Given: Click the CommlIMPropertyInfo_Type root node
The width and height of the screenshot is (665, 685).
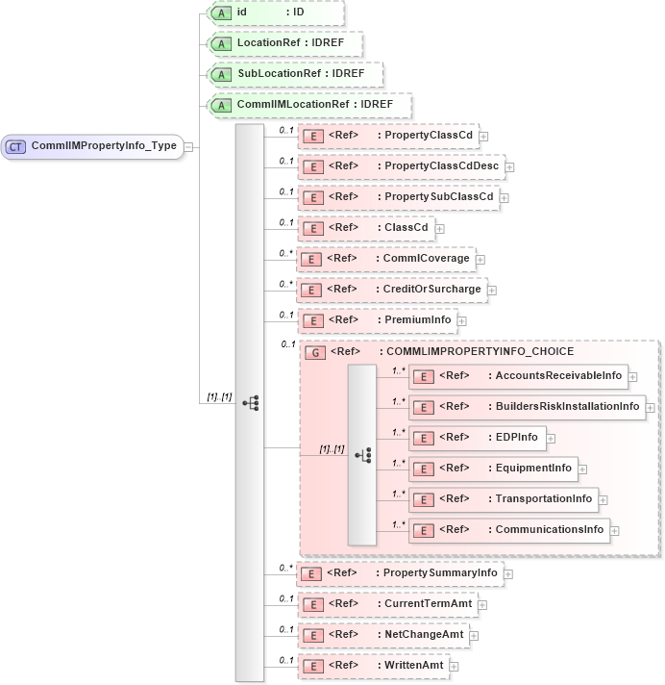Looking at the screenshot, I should pyautogui.click(x=93, y=146).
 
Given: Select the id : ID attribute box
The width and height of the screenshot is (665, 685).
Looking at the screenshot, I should pyautogui.click(x=275, y=13).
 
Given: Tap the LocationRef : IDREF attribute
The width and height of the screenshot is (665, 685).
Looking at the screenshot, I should pyautogui.click(x=285, y=44).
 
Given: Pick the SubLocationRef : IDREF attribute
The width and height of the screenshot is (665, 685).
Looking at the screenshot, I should pyautogui.click(x=295, y=74).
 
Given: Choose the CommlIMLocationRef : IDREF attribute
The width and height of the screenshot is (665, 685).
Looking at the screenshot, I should pyautogui.click(x=309, y=105).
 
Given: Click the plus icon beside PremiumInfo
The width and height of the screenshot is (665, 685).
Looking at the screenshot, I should pyautogui.click(x=462, y=320).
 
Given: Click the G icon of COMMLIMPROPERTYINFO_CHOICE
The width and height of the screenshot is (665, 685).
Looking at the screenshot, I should pyautogui.click(x=314, y=352).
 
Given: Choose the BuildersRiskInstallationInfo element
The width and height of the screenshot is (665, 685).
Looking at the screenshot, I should pyautogui.click(x=527, y=407).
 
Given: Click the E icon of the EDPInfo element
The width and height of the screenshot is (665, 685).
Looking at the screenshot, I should pyautogui.click(x=423, y=438).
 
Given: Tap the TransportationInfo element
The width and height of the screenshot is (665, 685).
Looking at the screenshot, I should pyautogui.click(x=504, y=498).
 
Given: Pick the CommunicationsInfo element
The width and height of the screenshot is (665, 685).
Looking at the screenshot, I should pyautogui.click(x=509, y=530).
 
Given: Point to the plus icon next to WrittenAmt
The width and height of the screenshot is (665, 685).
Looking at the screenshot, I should pyautogui.click(x=454, y=666).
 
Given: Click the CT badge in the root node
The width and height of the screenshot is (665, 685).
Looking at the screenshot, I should pyautogui.click(x=16, y=146).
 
